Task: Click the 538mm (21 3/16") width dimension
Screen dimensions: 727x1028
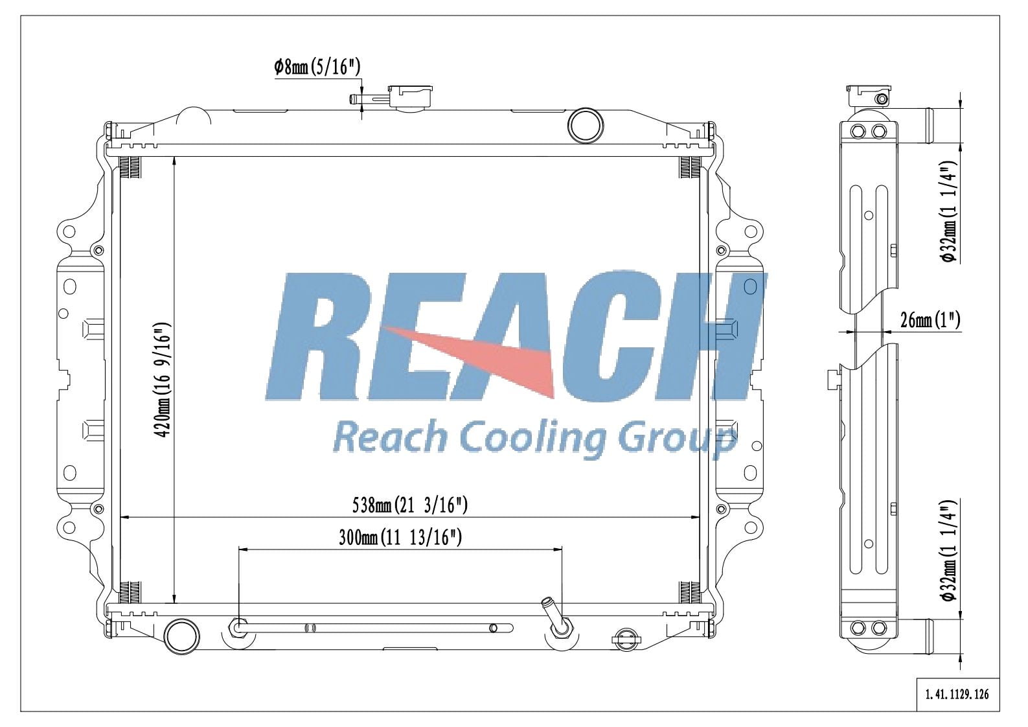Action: pyautogui.click(x=409, y=505)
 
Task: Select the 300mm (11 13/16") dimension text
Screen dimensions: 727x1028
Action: pyautogui.click(x=400, y=537)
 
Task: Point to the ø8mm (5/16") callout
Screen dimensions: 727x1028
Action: pyautogui.click(x=317, y=67)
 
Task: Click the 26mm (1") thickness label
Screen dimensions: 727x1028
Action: pyautogui.click(x=930, y=319)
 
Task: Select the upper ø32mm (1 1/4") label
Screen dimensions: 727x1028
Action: pyautogui.click(x=948, y=212)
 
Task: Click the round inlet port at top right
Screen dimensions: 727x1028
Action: pyautogui.click(x=584, y=125)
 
